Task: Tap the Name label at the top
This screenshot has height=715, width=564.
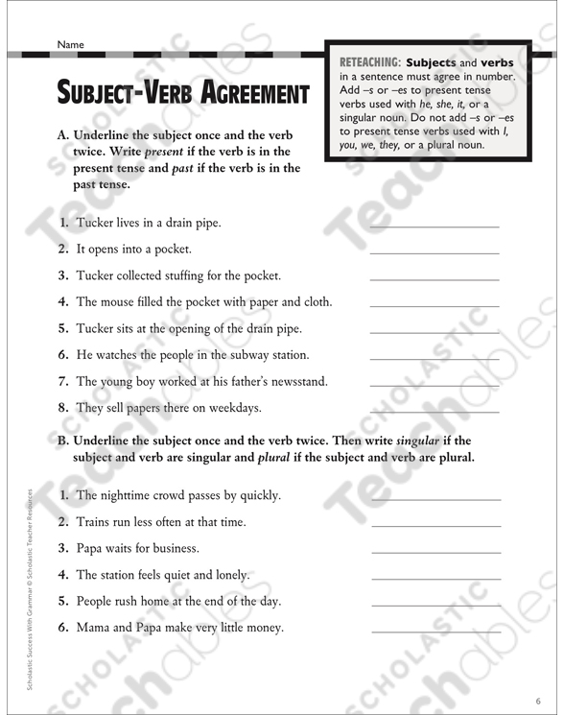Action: (x=70, y=44)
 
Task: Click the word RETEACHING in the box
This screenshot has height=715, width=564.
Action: (x=369, y=62)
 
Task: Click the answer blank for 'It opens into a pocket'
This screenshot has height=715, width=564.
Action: (x=434, y=251)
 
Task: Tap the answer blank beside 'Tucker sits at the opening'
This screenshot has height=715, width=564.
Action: (x=434, y=331)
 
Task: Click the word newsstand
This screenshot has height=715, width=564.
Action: (x=294, y=382)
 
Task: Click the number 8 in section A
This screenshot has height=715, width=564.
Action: (x=62, y=408)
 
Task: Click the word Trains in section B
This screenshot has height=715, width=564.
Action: (x=93, y=522)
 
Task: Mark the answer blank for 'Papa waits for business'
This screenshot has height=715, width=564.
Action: (x=434, y=552)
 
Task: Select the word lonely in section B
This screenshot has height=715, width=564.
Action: (x=227, y=576)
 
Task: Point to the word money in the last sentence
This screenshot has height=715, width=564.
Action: (x=262, y=629)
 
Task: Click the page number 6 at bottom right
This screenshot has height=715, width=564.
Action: (x=539, y=698)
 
